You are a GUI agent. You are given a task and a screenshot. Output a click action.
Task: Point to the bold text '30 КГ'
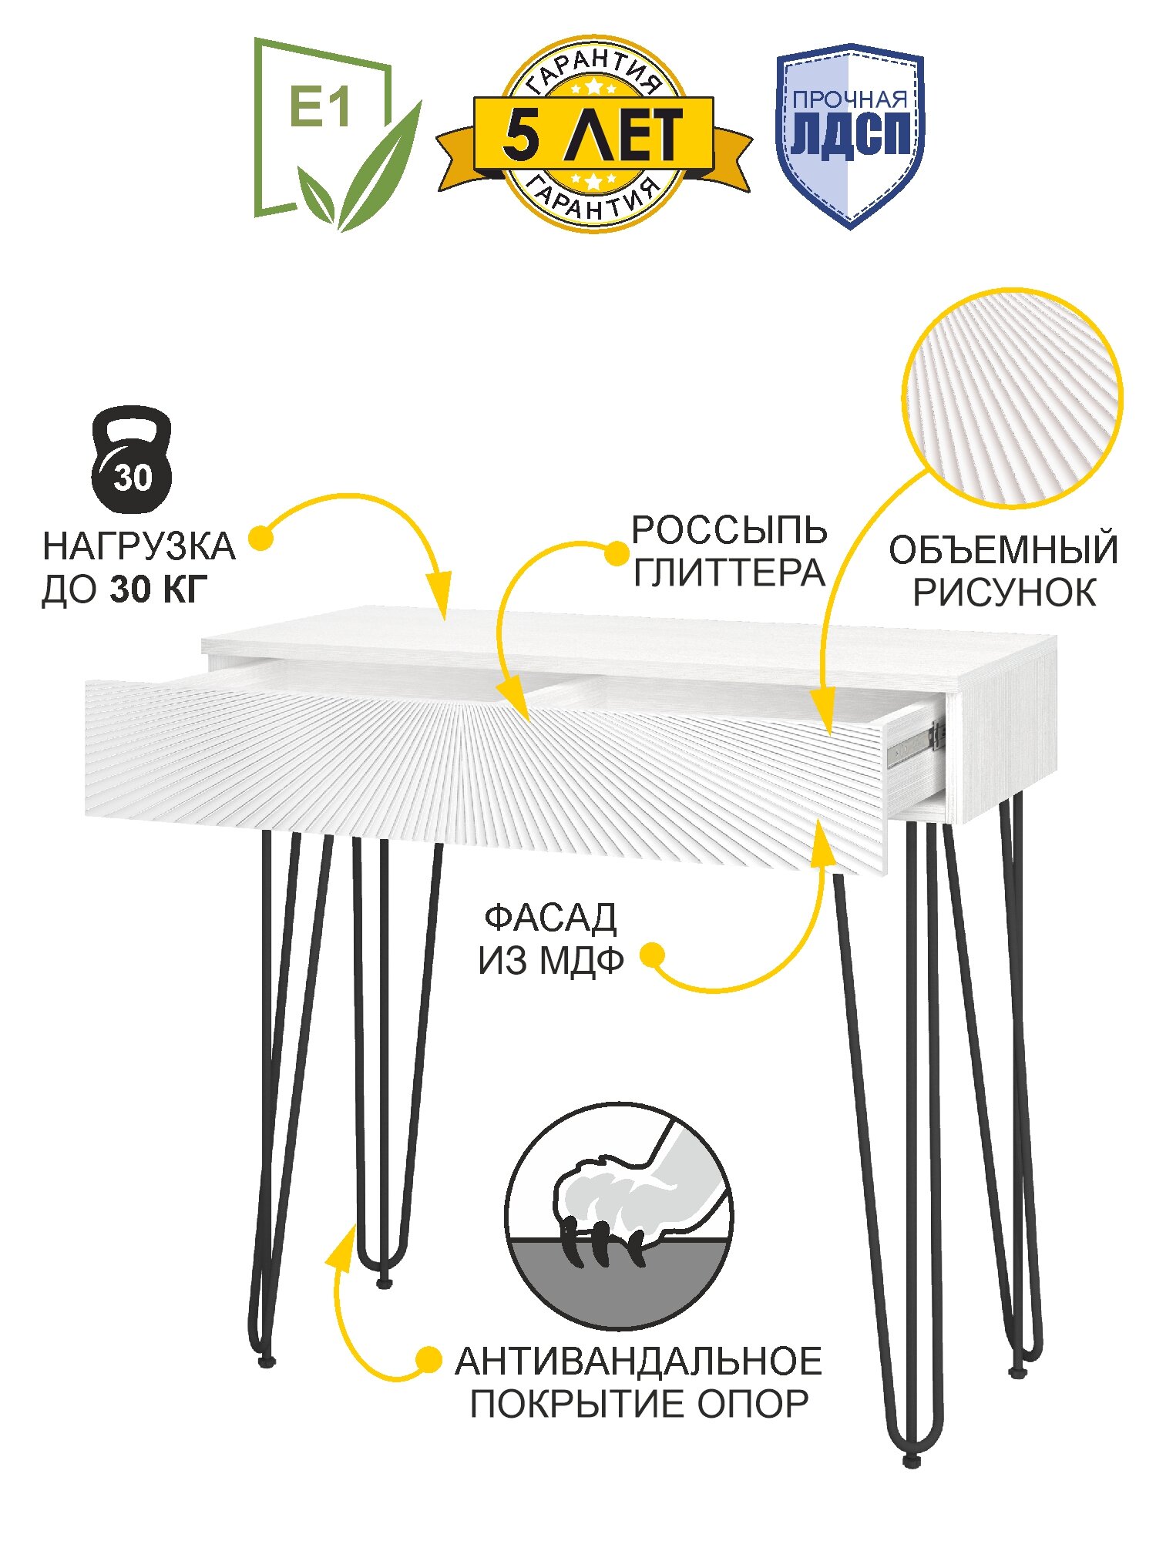(159, 589)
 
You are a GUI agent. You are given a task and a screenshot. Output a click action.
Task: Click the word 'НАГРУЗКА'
(139, 546)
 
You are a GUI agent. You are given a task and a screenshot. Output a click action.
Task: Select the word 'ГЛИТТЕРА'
(729, 573)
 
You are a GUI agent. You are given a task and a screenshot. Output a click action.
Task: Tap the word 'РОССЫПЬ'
(729, 530)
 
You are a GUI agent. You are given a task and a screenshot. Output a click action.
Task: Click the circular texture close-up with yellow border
(1012, 398)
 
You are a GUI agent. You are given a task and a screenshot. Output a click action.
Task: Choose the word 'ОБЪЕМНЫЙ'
(1003, 550)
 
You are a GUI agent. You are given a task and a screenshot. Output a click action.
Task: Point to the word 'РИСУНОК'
(1004, 593)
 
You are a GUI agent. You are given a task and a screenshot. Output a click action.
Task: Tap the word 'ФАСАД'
(550, 918)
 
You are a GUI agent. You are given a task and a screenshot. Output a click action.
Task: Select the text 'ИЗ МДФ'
(550, 961)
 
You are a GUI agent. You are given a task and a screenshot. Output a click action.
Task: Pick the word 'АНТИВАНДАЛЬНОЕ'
(638, 1361)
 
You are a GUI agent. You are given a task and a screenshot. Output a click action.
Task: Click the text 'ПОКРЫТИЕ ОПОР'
(639, 1404)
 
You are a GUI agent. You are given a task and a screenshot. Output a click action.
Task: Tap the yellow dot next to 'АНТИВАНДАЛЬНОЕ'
(428, 1360)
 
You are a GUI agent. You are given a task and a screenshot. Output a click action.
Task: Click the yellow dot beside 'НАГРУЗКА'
(261, 538)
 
